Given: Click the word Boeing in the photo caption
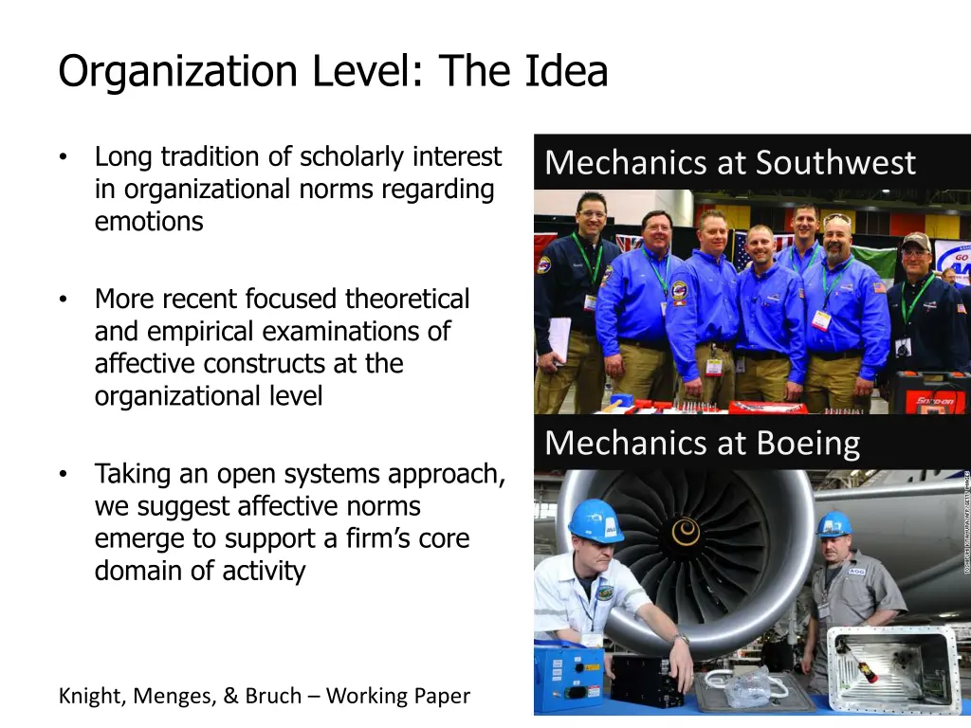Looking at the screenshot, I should tap(808, 443).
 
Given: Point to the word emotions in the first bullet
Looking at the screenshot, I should tap(149, 222).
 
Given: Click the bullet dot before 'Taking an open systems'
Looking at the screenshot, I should tap(63, 474).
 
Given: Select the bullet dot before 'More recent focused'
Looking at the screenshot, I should tap(63, 300).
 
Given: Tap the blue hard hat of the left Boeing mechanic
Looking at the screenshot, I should tap(595, 520).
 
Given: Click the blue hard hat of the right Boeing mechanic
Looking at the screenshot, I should tap(834, 524).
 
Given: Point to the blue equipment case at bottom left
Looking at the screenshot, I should tap(568, 676).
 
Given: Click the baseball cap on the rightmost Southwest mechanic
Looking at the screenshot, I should tap(916, 241).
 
